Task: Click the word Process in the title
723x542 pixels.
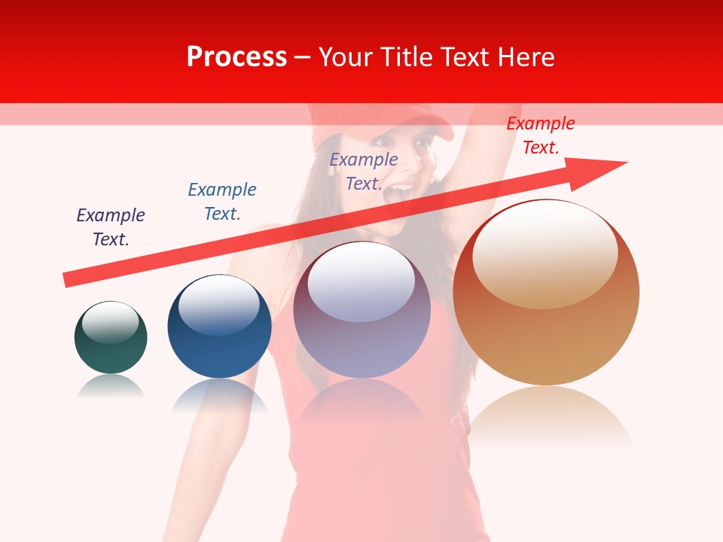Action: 236,57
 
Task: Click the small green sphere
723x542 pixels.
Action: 111,338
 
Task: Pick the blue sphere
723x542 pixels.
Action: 219,327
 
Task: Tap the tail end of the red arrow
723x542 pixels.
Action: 68,279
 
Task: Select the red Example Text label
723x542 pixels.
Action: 540,135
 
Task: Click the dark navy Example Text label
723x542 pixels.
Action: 111,227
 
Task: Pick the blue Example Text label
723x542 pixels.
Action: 222,201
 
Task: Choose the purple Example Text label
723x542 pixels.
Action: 364,171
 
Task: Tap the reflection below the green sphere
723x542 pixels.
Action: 111,387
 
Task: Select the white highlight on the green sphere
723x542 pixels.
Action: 110,322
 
